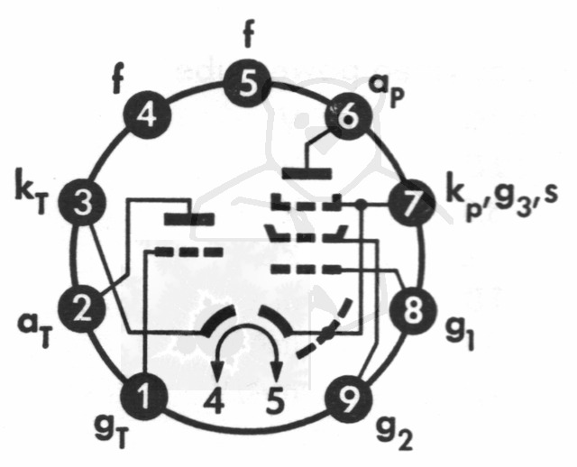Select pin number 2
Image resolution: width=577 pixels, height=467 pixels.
click(x=83, y=310)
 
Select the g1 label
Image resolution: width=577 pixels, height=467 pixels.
click(x=461, y=334)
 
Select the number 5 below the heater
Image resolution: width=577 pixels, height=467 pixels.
click(x=276, y=399)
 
